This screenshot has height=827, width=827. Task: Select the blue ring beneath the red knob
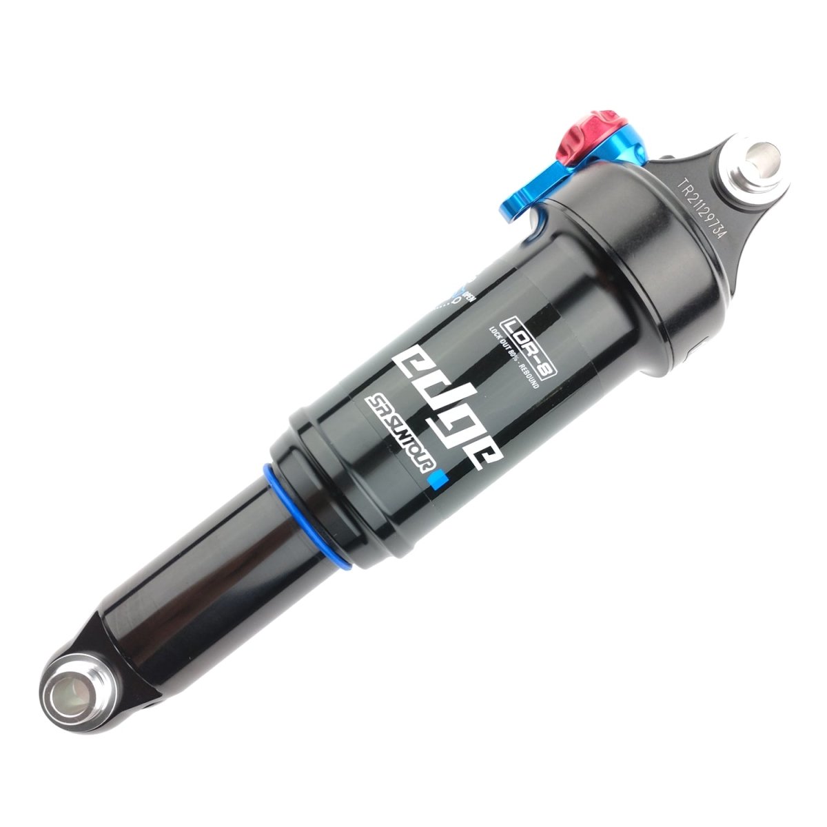pos(620,141)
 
